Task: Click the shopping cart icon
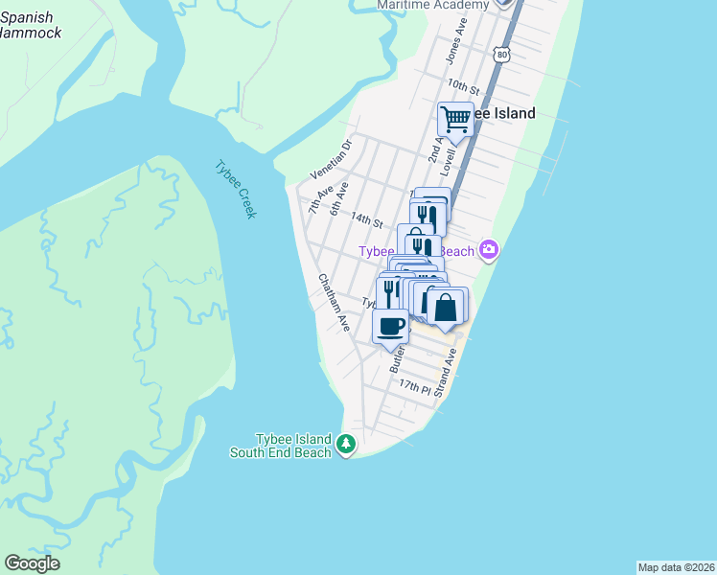pyautogui.click(x=455, y=120)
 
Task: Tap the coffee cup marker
pyautogui.click(x=390, y=326)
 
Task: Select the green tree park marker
pyautogui.click(x=346, y=445)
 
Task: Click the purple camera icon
pyautogui.click(x=490, y=250)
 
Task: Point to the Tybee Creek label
pyautogui.click(x=236, y=190)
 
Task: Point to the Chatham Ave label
pyautogui.click(x=334, y=303)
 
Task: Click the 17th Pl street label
pyautogui.click(x=414, y=385)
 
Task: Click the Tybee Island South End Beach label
pyautogui.click(x=280, y=445)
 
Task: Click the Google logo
pyautogui.click(x=32, y=563)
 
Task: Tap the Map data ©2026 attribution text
pyautogui.click(x=675, y=567)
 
